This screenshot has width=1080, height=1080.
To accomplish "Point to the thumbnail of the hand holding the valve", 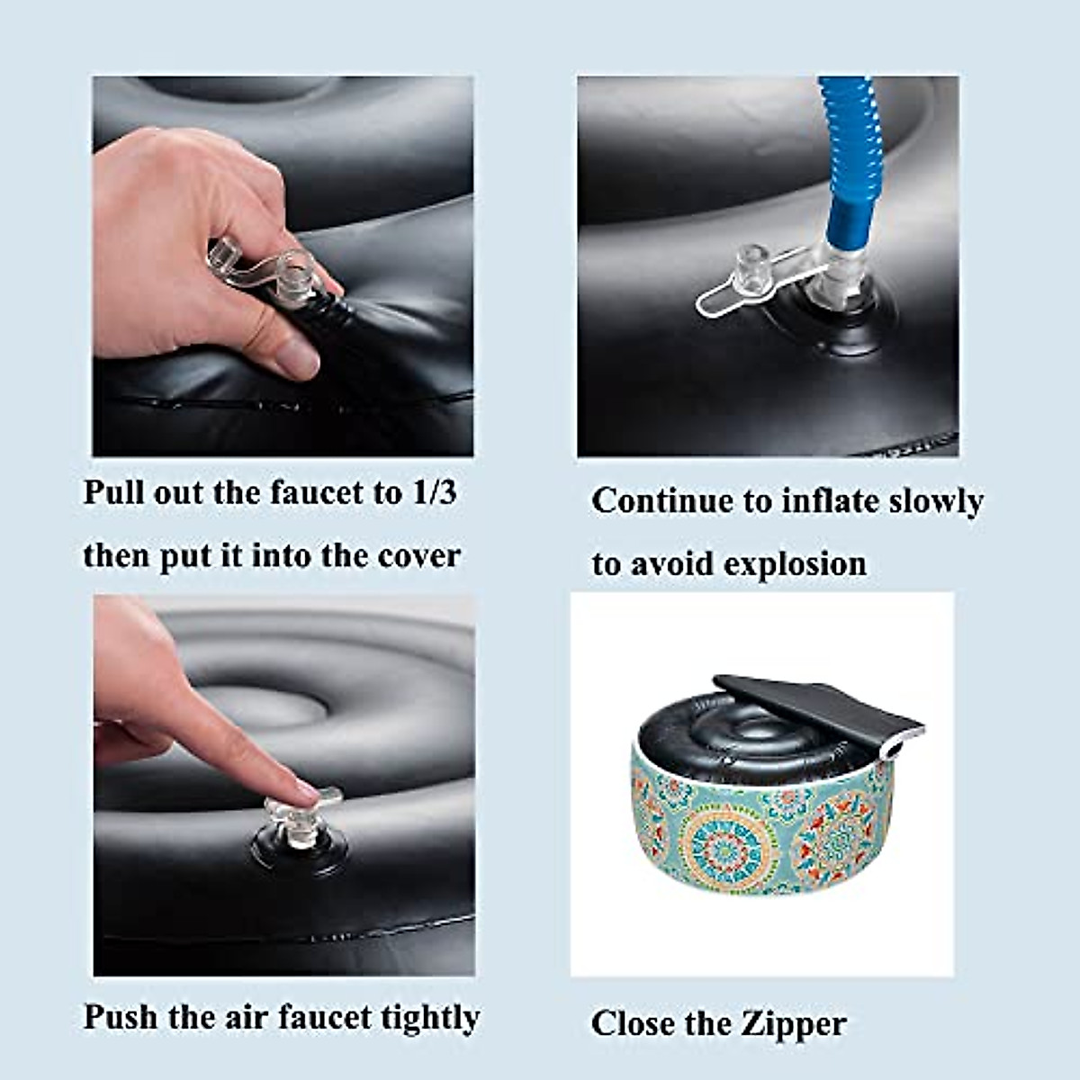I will coord(283,265).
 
